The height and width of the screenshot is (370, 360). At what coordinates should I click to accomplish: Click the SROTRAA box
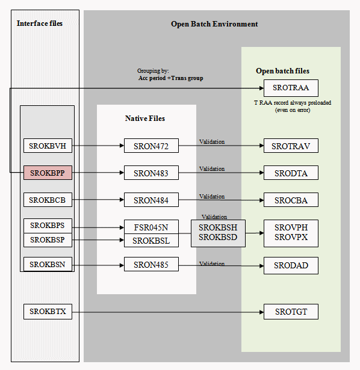(291, 88)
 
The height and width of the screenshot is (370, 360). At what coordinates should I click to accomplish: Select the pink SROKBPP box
(48, 173)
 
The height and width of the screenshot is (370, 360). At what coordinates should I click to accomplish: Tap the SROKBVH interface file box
(48, 145)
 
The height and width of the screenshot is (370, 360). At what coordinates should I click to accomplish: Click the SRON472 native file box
(151, 146)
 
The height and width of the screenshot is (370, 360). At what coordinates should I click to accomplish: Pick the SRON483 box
(151, 173)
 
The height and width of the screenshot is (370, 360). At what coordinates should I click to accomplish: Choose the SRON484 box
(151, 200)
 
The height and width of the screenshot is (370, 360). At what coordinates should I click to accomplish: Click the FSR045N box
(151, 227)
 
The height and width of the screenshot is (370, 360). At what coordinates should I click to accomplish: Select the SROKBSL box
(151, 241)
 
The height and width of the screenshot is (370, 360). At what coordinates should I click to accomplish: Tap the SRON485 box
(151, 265)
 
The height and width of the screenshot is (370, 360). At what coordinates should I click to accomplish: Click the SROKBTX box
(48, 312)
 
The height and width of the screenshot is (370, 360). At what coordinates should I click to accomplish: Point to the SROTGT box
(291, 312)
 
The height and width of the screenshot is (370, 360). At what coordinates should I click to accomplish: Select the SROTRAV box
(291, 146)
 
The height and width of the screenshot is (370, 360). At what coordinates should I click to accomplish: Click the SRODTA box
(291, 173)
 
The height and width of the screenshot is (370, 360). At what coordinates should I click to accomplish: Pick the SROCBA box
(291, 200)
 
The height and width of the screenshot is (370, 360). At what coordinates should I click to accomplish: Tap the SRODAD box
(291, 265)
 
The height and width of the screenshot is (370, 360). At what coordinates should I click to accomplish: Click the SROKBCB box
(48, 200)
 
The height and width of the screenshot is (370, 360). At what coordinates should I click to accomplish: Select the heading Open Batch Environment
(214, 24)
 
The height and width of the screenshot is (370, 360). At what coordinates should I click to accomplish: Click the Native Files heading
(145, 119)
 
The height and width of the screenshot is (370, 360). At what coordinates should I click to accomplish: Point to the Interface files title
(40, 23)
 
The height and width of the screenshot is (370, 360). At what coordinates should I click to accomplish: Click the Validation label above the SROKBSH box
(214, 217)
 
